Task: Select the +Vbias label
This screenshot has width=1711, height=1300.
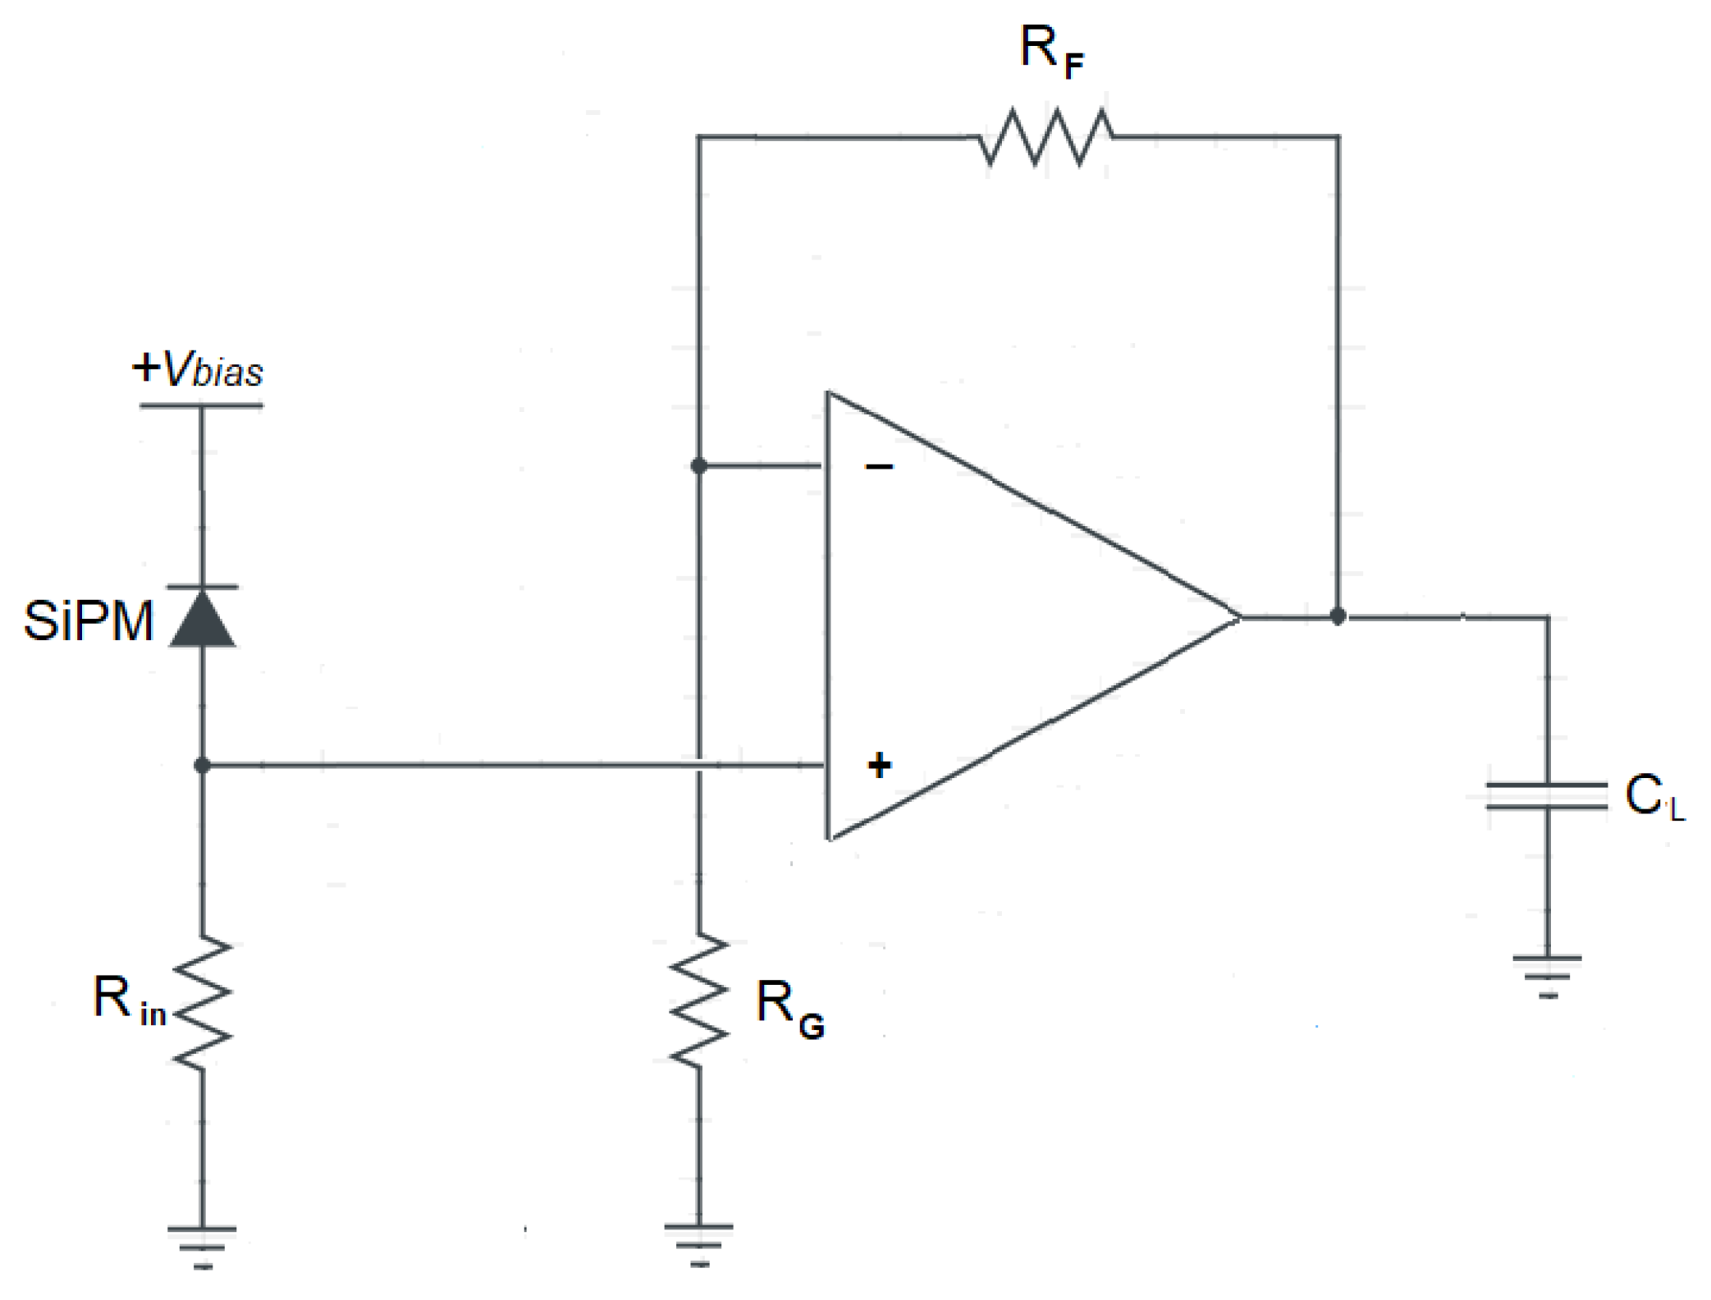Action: [198, 369]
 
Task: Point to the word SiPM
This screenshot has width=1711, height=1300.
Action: [88, 621]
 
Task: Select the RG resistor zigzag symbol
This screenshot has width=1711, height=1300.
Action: [699, 1001]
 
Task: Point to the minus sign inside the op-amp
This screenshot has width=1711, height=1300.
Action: [879, 467]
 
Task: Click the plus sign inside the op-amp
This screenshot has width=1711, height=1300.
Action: [879, 765]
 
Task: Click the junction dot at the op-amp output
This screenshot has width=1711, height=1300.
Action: [1338, 616]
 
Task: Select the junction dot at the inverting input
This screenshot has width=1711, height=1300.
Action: [698, 466]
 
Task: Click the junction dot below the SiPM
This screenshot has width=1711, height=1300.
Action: [203, 766]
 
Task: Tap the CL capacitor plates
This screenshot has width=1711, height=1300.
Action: [1547, 796]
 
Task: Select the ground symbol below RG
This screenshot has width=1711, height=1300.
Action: [699, 1243]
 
